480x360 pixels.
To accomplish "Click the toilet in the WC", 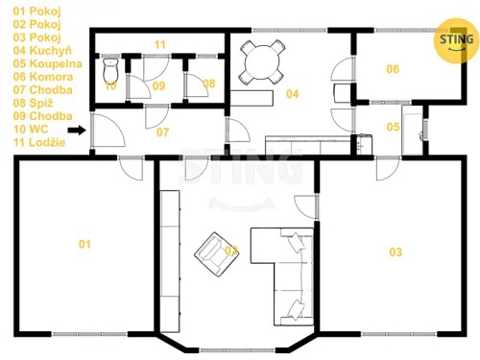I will [x=110, y=72].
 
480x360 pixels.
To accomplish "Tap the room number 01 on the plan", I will [x=84, y=245].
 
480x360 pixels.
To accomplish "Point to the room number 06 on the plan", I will [x=393, y=69].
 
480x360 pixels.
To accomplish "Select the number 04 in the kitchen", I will [x=293, y=94].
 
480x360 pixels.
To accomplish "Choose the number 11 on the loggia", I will [x=159, y=44].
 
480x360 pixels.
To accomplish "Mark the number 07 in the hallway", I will [x=163, y=132].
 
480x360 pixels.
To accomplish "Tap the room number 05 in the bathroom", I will [x=394, y=127].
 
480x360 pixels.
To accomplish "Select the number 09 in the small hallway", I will [x=158, y=85].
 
